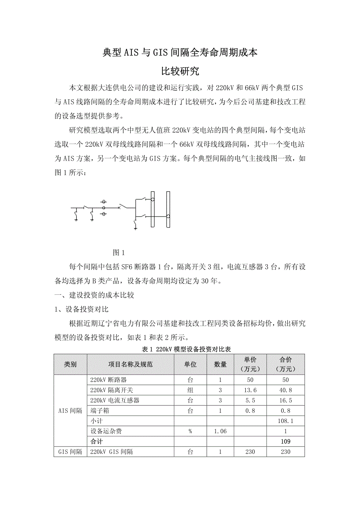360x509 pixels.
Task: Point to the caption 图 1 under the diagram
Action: tap(119, 252)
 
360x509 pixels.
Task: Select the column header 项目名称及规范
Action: tap(130, 364)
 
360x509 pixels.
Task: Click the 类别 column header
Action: tap(70, 364)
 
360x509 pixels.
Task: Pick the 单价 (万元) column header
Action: tap(250, 364)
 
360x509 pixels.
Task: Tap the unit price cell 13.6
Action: tap(250, 390)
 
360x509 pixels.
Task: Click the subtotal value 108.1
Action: tap(286, 421)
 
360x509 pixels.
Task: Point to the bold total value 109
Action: tap(286, 441)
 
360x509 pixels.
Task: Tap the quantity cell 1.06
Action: tap(220, 431)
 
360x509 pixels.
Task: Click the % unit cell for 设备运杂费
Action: tap(190, 431)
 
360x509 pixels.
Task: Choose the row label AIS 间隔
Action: tap(70, 410)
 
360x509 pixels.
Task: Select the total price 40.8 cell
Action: tap(286, 390)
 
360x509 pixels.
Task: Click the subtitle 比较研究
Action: tap(180, 72)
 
